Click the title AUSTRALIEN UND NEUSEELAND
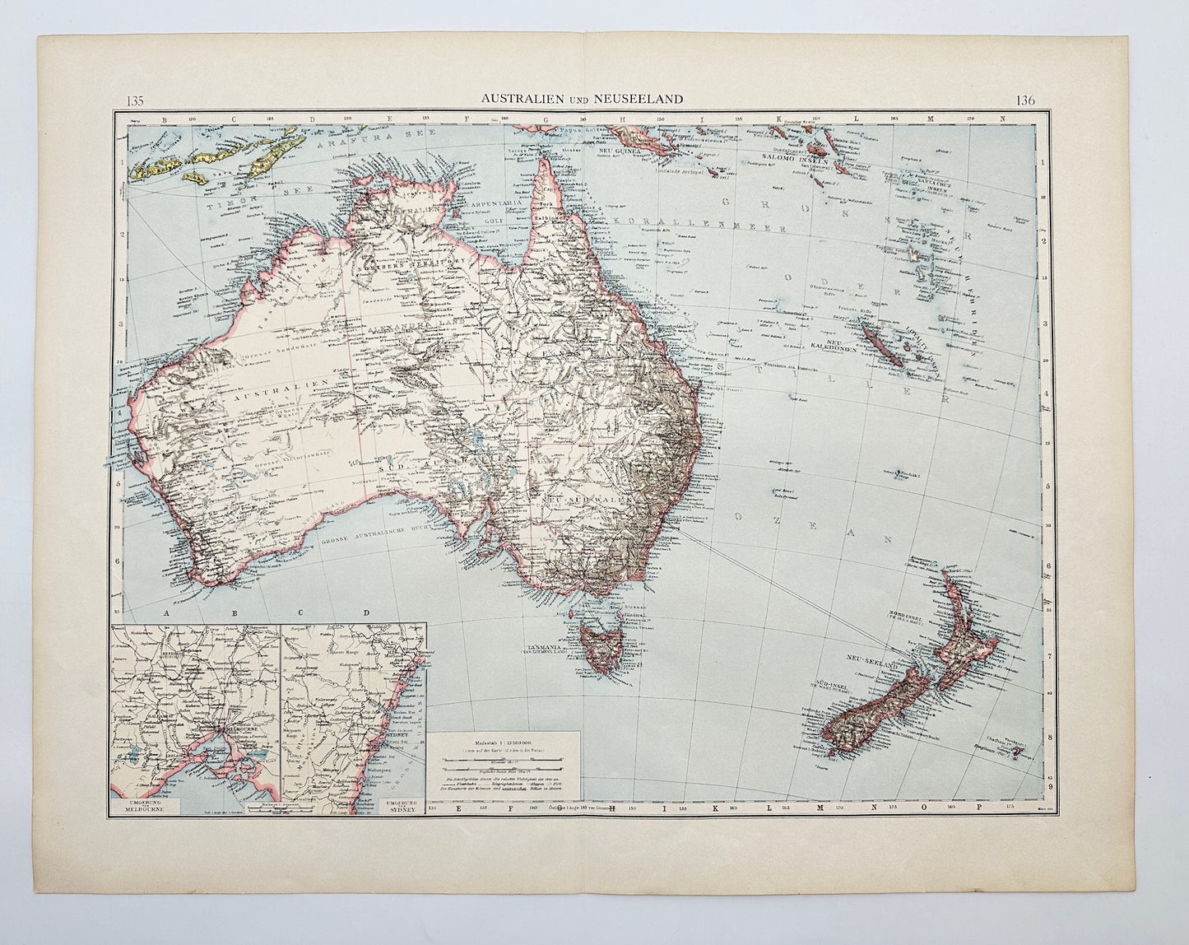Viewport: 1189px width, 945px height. tap(583, 99)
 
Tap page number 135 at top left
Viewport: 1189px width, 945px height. tap(136, 101)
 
